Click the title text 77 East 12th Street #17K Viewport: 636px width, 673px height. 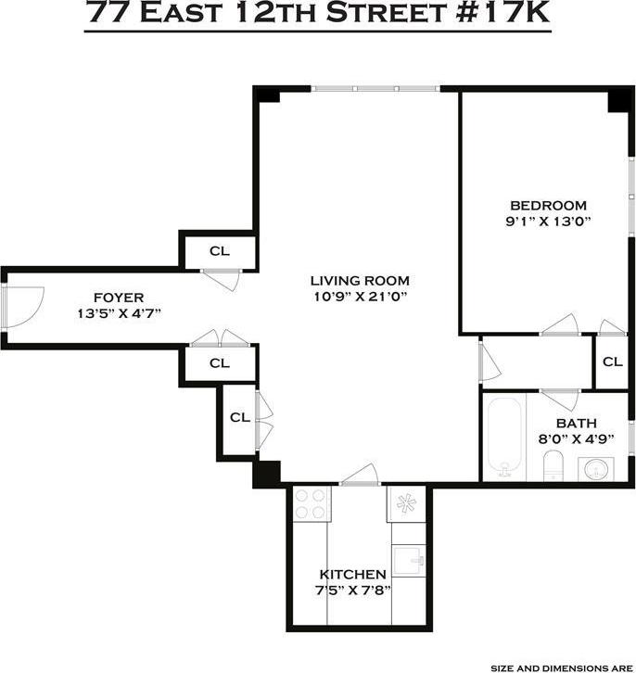point(317,15)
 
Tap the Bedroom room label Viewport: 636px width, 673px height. point(548,205)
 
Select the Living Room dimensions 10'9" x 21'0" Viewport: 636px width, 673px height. point(360,297)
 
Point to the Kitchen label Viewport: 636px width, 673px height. point(352,574)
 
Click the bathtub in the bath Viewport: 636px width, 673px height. point(508,437)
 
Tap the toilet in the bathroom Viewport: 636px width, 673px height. point(553,465)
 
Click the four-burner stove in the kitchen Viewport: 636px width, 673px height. point(312,504)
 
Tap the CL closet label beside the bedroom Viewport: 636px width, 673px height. point(612,362)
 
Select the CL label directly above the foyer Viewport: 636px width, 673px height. point(219,250)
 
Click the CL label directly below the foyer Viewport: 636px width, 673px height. point(219,362)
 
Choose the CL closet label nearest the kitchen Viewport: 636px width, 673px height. point(239,417)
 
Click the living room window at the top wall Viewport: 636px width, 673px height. point(375,89)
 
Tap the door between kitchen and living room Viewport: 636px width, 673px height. point(359,477)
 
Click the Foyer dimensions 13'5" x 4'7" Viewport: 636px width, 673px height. point(120,313)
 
